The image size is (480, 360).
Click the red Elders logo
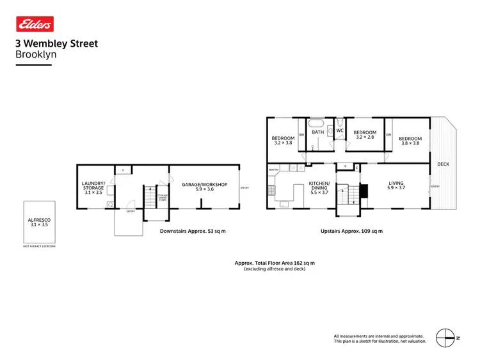coord(35,24)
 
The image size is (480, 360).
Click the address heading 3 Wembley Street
coord(56,45)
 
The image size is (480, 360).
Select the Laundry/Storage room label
coord(93,188)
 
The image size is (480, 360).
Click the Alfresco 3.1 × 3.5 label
coord(39,222)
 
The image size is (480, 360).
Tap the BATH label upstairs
coord(318,132)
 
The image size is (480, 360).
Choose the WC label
coord(340,131)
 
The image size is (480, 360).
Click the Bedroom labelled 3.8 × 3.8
coord(410,141)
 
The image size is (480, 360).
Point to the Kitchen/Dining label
coord(319,186)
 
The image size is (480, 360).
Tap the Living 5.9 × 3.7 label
coord(396,186)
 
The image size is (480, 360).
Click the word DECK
coord(444,164)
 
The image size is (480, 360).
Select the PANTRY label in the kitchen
coord(273,170)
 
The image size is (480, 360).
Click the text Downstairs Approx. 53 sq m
coord(193,231)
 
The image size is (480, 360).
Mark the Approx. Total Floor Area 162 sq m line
coord(275,263)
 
